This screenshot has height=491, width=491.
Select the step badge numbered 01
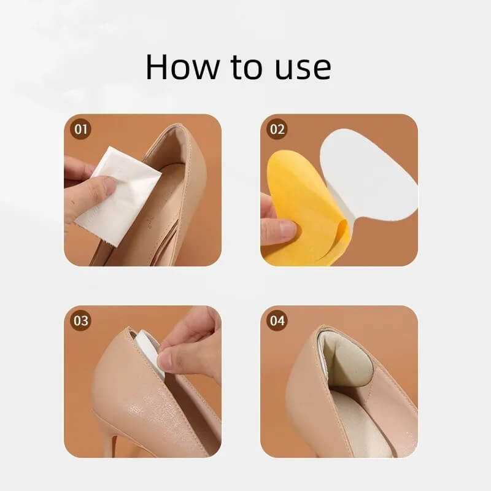click(81, 130)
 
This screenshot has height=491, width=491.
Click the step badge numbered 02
click(277, 130)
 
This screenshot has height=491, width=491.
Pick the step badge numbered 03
click(81, 321)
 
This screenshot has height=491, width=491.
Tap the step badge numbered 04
click(277, 321)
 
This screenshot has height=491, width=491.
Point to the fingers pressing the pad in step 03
click(187, 344)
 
